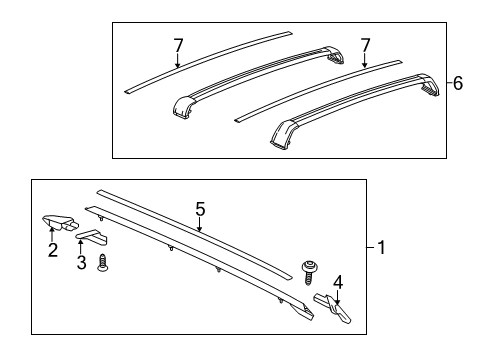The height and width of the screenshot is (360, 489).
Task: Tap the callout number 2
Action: point(51,250)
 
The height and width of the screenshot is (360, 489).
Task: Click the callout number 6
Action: point(457,84)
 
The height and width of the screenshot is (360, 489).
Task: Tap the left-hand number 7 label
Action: point(177,46)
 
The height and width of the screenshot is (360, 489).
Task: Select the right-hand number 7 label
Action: point(365,46)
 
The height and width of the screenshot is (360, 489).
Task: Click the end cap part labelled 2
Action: point(57,223)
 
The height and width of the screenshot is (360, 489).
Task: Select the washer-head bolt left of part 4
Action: point(309,269)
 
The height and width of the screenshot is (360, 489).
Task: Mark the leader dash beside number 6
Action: point(444,84)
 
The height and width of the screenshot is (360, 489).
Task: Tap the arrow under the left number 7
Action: point(177,62)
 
